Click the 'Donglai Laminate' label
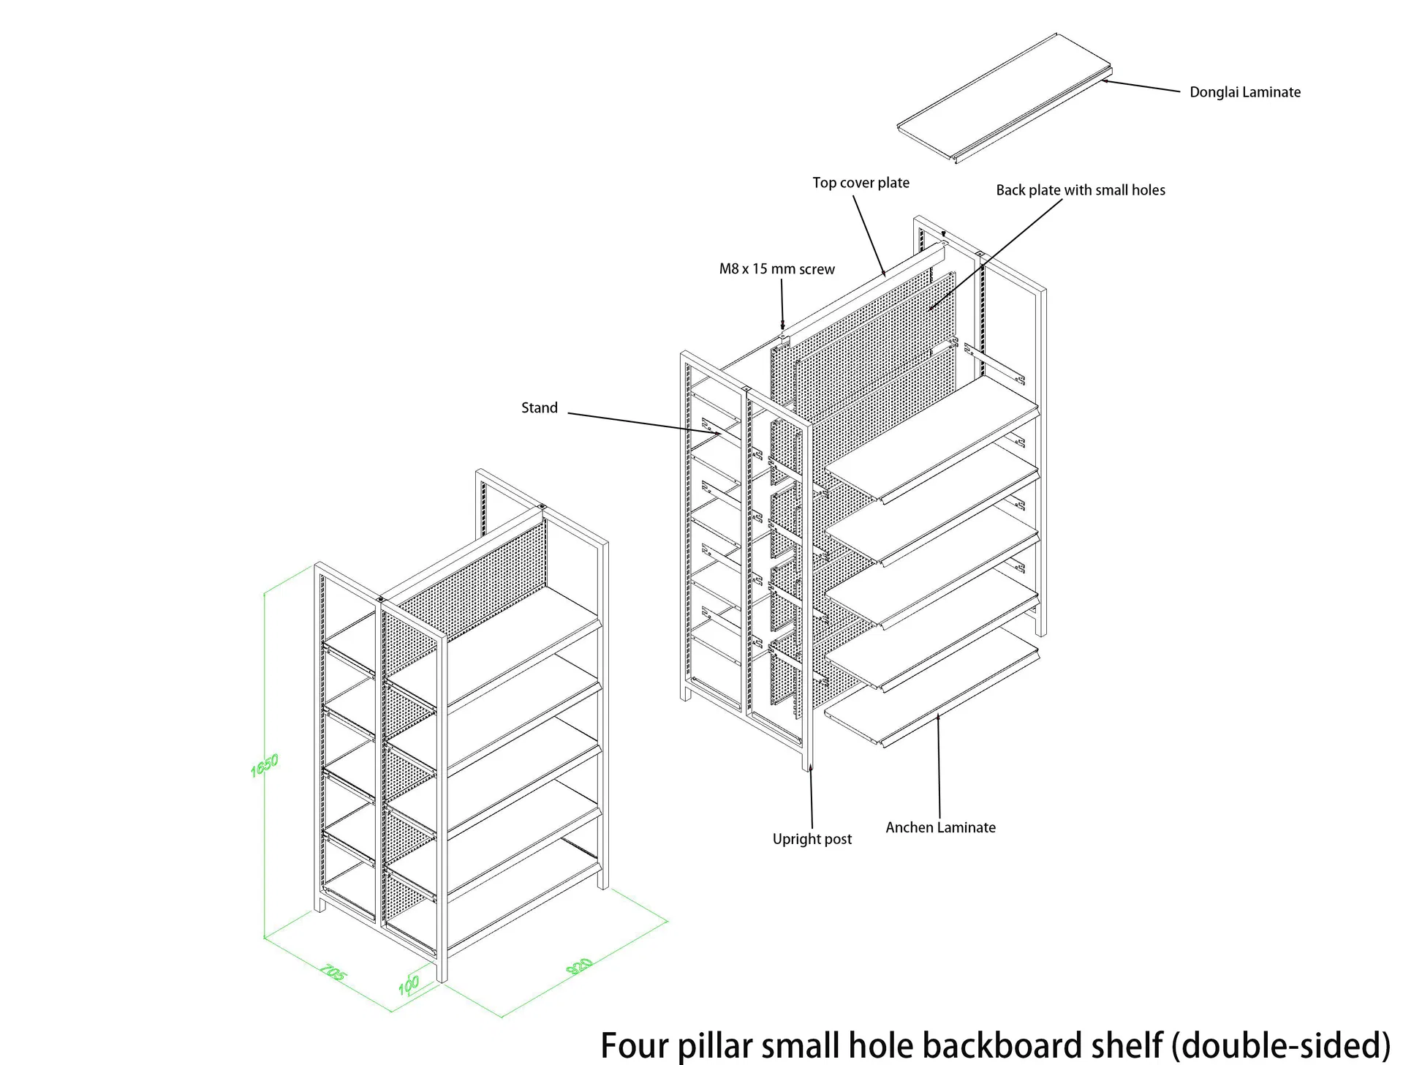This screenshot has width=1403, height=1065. [x=1244, y=92]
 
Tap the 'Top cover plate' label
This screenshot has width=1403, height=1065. [x=861, y=183]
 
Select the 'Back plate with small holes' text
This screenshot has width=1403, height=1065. [x=1080, y=190]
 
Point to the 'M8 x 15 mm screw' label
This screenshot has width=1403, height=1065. [x=776, y=269]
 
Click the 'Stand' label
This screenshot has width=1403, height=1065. [x=539, y=408]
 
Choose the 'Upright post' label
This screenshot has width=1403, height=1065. [x=812, y=839]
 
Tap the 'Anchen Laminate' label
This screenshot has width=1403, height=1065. [x=940, y=827]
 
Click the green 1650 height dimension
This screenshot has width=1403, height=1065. [x=265, y=765]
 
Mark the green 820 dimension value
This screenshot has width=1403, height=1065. [x=580, y=966]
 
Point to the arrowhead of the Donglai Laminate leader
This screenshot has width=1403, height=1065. [x=1106, y=81]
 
